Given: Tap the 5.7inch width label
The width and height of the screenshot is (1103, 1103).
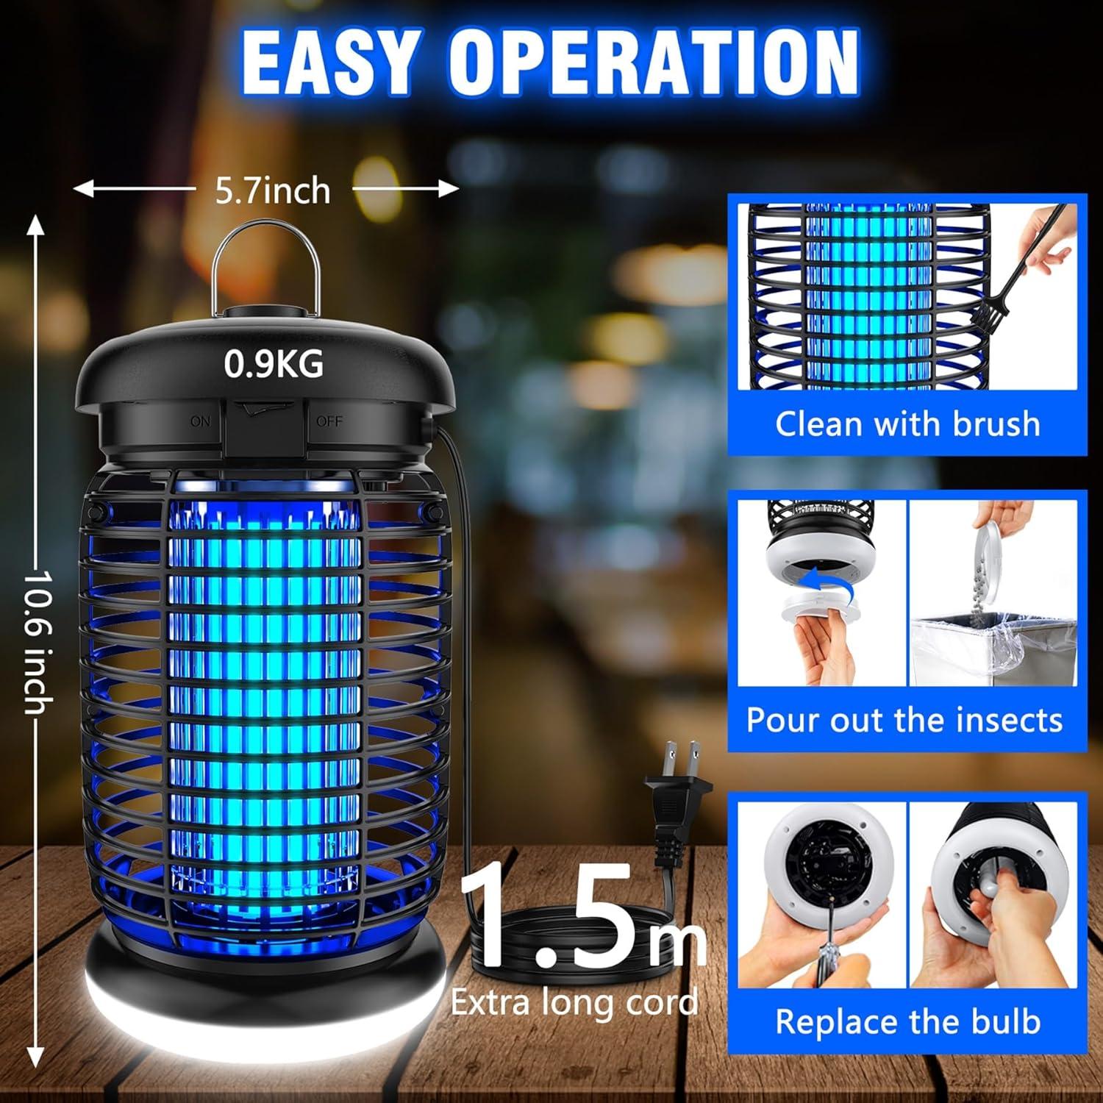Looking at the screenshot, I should click(273, 190).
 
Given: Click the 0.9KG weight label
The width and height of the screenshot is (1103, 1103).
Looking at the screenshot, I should click(273, 364).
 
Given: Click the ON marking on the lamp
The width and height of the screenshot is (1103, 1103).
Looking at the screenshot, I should click(200, 421).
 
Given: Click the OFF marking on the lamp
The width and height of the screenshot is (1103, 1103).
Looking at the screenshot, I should click(329, 421).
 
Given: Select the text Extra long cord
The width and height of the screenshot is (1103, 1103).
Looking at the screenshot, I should click(574, 1002).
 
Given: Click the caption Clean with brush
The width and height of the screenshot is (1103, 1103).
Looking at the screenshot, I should click(907, 424).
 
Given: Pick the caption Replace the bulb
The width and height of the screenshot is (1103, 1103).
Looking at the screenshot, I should click(907, 1022).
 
